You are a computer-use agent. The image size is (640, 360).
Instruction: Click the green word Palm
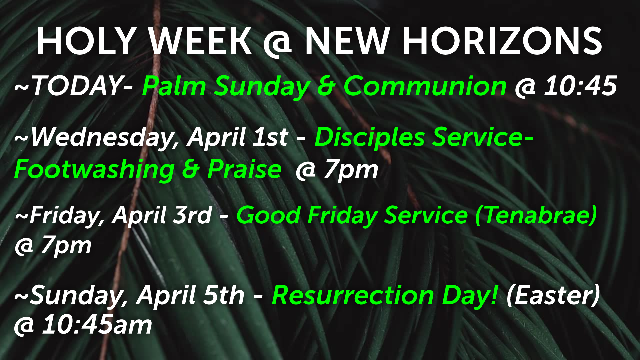click(x=174, y=86)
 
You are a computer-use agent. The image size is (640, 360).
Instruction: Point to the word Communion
click(x=425, y=86)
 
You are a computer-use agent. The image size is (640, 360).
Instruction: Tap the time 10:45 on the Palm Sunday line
click(x=580, y=86)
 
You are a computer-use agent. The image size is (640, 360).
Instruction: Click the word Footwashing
click(x=94, y=170)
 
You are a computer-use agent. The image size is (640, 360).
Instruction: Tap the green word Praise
click(x=244, y=169)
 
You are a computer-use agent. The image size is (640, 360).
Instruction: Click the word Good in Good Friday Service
click(x=269, y=215)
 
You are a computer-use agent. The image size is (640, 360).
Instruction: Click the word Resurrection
click(x=353, y=295)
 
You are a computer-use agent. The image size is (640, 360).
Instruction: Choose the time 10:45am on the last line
click(x=97, y=325)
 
